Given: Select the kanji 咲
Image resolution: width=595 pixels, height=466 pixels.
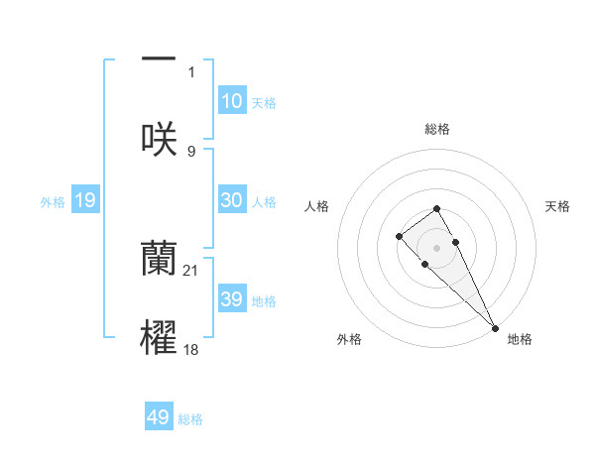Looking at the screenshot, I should tap(159, 138).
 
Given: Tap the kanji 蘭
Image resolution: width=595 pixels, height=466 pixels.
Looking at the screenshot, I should tap(159, 259).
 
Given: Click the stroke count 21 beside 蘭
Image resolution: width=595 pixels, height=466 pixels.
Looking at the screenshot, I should tap(191, 270).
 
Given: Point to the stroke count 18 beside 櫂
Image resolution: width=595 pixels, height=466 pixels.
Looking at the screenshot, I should tap(191, 349).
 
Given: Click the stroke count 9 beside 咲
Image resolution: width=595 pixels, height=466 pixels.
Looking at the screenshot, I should tap(191, 151).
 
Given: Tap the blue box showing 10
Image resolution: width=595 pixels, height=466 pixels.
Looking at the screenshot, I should tap(232, 101).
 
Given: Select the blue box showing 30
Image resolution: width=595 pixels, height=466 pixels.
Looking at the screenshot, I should tap(232, 200).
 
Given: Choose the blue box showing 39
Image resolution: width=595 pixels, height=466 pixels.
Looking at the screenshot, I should tap(232, 299).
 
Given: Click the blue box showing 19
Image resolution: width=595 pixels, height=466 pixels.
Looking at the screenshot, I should tap(85, 201).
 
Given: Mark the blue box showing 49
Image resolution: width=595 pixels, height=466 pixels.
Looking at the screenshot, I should tap(159, 418).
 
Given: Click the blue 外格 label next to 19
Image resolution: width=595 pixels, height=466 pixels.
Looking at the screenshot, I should tap(53, 202).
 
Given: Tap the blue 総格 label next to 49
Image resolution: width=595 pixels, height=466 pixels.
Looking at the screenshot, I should tap(190, 419).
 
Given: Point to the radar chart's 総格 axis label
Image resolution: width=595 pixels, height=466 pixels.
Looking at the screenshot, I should tap(436, 129).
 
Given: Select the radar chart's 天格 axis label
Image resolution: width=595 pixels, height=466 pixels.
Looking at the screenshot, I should tap(557, 206).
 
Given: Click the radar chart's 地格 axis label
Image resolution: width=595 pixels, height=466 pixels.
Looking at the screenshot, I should tap(520, 339).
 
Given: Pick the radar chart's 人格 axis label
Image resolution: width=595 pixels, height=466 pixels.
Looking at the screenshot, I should tap(317, 206).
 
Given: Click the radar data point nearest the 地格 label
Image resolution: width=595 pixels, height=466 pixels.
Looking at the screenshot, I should tap(495, 327).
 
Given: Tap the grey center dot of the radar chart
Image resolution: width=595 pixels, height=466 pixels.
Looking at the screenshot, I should tap(436, 248).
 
